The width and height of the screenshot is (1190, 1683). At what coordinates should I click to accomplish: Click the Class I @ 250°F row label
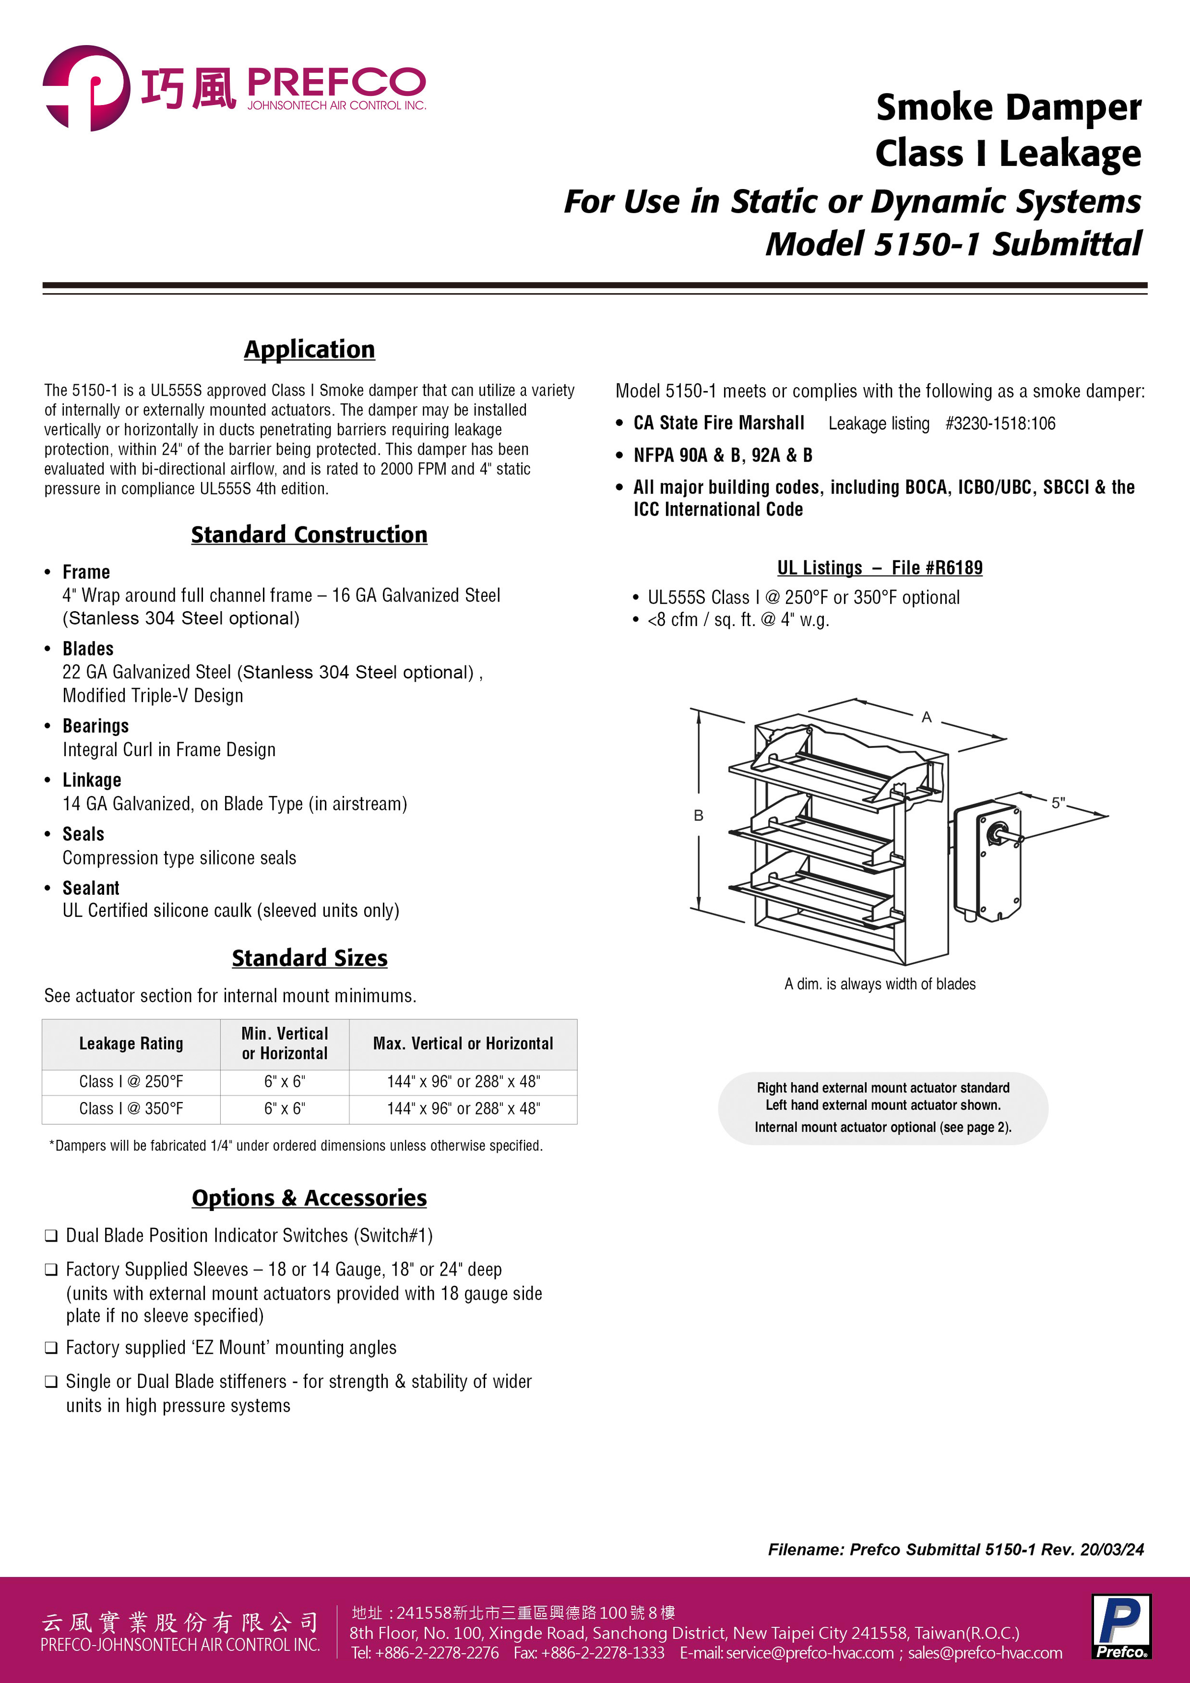tap(131, 1081)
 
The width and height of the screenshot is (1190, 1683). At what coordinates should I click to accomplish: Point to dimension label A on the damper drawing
tap(926, 718)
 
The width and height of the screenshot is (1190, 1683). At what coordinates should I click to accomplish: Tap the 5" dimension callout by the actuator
tap(1058, 803)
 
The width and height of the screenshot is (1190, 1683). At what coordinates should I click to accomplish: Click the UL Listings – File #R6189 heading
tap(880, 568)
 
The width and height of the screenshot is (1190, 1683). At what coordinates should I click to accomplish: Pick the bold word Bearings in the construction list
tap(95, 726)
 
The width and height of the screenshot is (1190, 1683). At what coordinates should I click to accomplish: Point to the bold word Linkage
tap(92, 780)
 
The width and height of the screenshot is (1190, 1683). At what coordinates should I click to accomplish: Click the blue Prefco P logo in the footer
tap(1120, 1626)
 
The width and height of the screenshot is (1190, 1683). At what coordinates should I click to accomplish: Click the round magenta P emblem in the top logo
tap(86, 88)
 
